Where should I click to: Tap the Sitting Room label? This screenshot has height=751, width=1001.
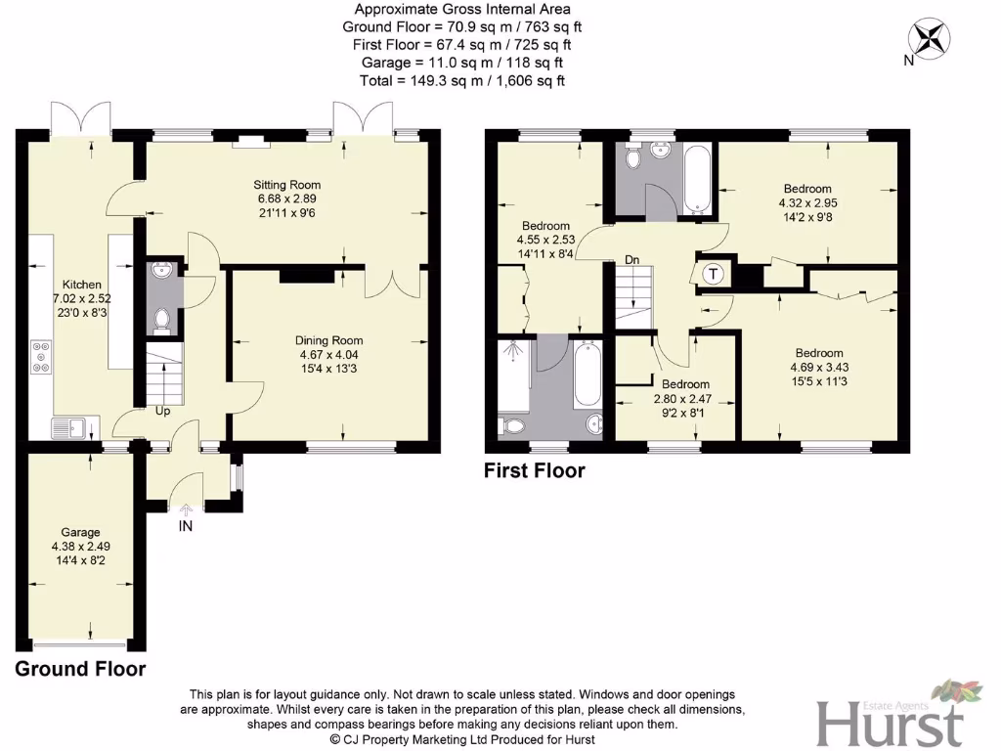click(x=286, y=185)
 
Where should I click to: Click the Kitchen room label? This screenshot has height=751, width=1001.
click(x=82, y=286)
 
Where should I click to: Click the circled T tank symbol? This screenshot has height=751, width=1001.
click(x=713, y=274)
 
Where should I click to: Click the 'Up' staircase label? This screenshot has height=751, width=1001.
click(x=163, y=412)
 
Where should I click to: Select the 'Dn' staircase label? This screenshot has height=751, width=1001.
click(x=633, y=260)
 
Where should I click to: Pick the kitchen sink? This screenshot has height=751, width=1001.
click(x=70, y=426)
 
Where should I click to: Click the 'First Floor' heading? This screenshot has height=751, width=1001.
click(x=535, y=471)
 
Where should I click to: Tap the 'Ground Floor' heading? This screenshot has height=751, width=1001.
click(x=80, y=670)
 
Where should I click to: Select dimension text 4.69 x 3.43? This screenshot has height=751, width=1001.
click(x=819, y=367)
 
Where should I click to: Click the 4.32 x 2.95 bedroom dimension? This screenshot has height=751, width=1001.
click(x=807, y=203)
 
